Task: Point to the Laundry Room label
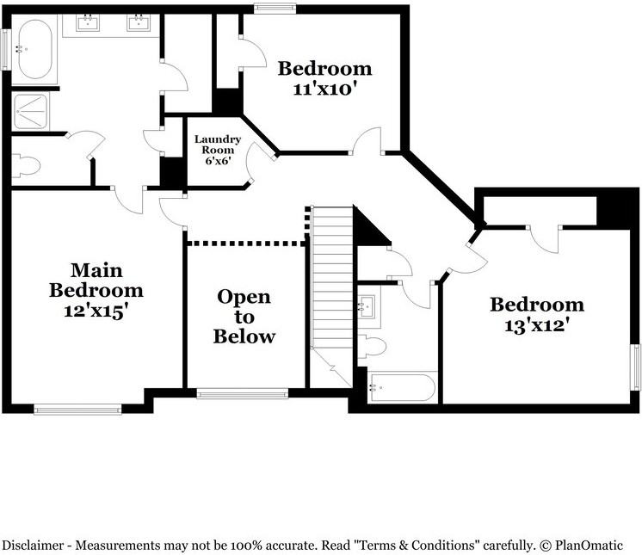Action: [217, 149]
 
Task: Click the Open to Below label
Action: [244, 316]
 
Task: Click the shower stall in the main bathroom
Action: [31, 111]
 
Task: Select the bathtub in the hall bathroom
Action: [402, 387]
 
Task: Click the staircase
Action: [332, 284]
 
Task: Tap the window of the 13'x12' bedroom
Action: [635, 366]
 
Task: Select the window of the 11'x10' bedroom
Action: [269, 9]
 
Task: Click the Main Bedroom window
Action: [77, 409]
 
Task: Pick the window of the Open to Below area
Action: [242, 393]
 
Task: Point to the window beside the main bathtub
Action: [5, 50]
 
